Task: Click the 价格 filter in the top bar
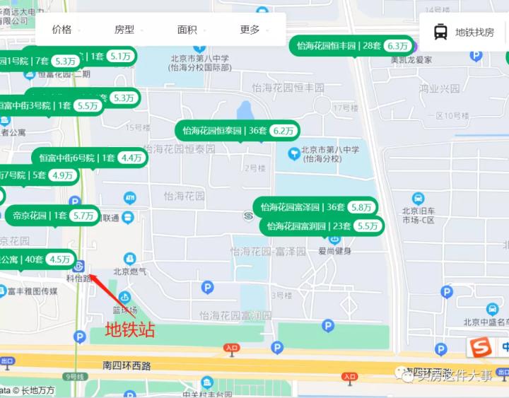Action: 62,30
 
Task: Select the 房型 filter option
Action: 124,30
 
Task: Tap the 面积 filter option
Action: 187,30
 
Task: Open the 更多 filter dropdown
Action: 250,30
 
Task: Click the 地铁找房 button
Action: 464,32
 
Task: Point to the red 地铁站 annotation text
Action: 129,329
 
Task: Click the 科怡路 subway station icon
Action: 79,266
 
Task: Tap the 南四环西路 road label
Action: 127,365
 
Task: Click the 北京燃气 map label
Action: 130,271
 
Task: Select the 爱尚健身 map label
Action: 334,251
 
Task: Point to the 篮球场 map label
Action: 125,310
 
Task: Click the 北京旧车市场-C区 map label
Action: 421,215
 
